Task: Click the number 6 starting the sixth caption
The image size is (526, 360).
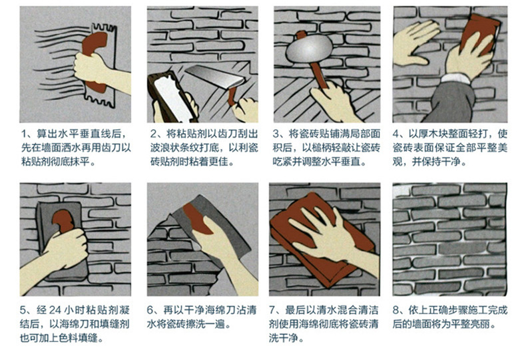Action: pos(152,310)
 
